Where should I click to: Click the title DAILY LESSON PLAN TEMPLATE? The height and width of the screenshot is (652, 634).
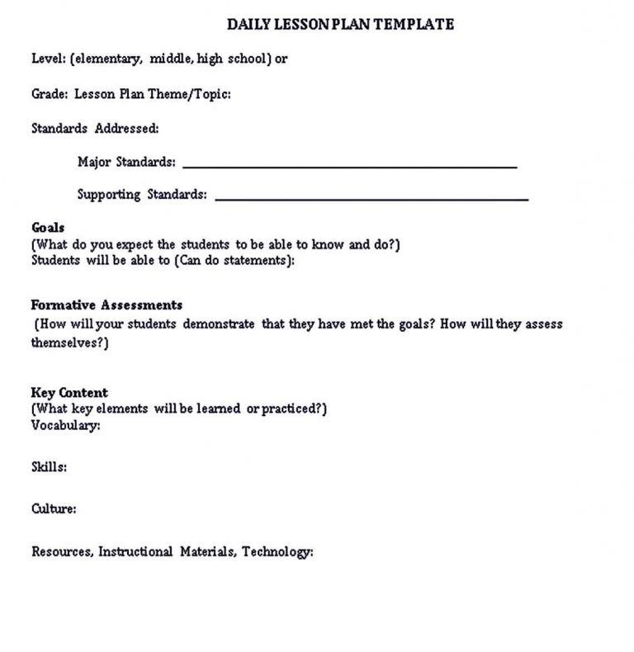point(340,25)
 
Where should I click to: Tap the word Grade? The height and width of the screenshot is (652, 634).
point(49,94)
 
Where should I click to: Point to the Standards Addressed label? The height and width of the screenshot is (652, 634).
point(95,128)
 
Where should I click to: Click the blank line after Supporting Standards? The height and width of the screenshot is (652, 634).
point(371,199)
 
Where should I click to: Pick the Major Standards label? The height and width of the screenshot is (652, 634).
point(126,162)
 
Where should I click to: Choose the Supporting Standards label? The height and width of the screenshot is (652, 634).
point(142,195)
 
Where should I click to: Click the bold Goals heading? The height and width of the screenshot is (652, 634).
point(48,227)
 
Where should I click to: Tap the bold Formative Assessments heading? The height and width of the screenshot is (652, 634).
point(106,305)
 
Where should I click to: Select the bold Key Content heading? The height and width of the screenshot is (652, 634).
point(69,393)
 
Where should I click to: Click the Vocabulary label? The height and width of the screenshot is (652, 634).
point(66,426)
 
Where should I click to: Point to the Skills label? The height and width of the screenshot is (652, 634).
point(49,467)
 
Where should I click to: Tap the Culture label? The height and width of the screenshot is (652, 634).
point(54,509)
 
